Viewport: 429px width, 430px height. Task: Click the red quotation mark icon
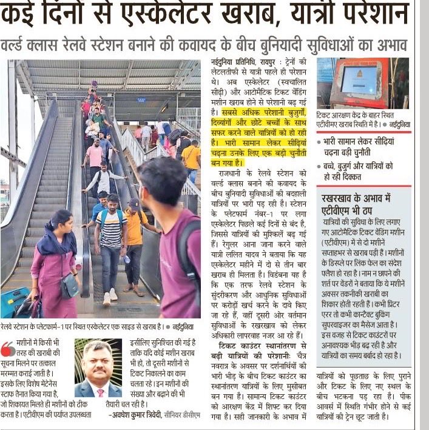[8, 349]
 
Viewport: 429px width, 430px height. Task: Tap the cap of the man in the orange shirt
[134, 204]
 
